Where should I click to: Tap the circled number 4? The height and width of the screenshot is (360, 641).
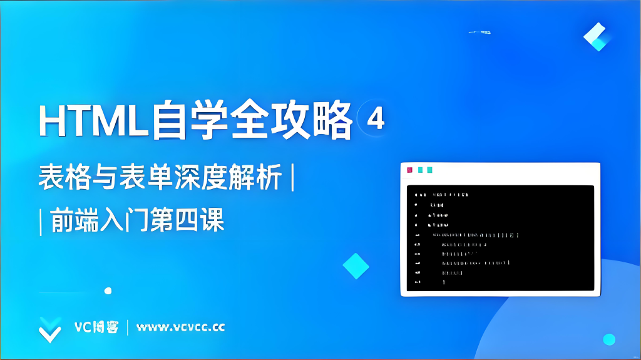pyautogui.click(x=375, y=119)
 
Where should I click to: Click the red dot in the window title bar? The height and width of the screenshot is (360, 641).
pyautogui.click(x=410, y=170)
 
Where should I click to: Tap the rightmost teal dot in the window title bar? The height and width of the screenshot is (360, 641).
pyautogui.click(x=429, y=170)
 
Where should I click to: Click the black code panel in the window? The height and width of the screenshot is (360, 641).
pyautogui.click(x=500, y=238)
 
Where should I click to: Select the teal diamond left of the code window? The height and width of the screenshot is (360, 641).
pyautogui.click(x=356, y=266)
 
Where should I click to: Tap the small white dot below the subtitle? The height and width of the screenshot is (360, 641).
pyautogui.click(x=108, y=291)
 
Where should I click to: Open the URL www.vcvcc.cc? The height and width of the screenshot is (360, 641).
pyautogui.click(x=180, y=327)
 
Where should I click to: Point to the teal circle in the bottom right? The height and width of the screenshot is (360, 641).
pyautogui.click(x=609, y=339)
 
